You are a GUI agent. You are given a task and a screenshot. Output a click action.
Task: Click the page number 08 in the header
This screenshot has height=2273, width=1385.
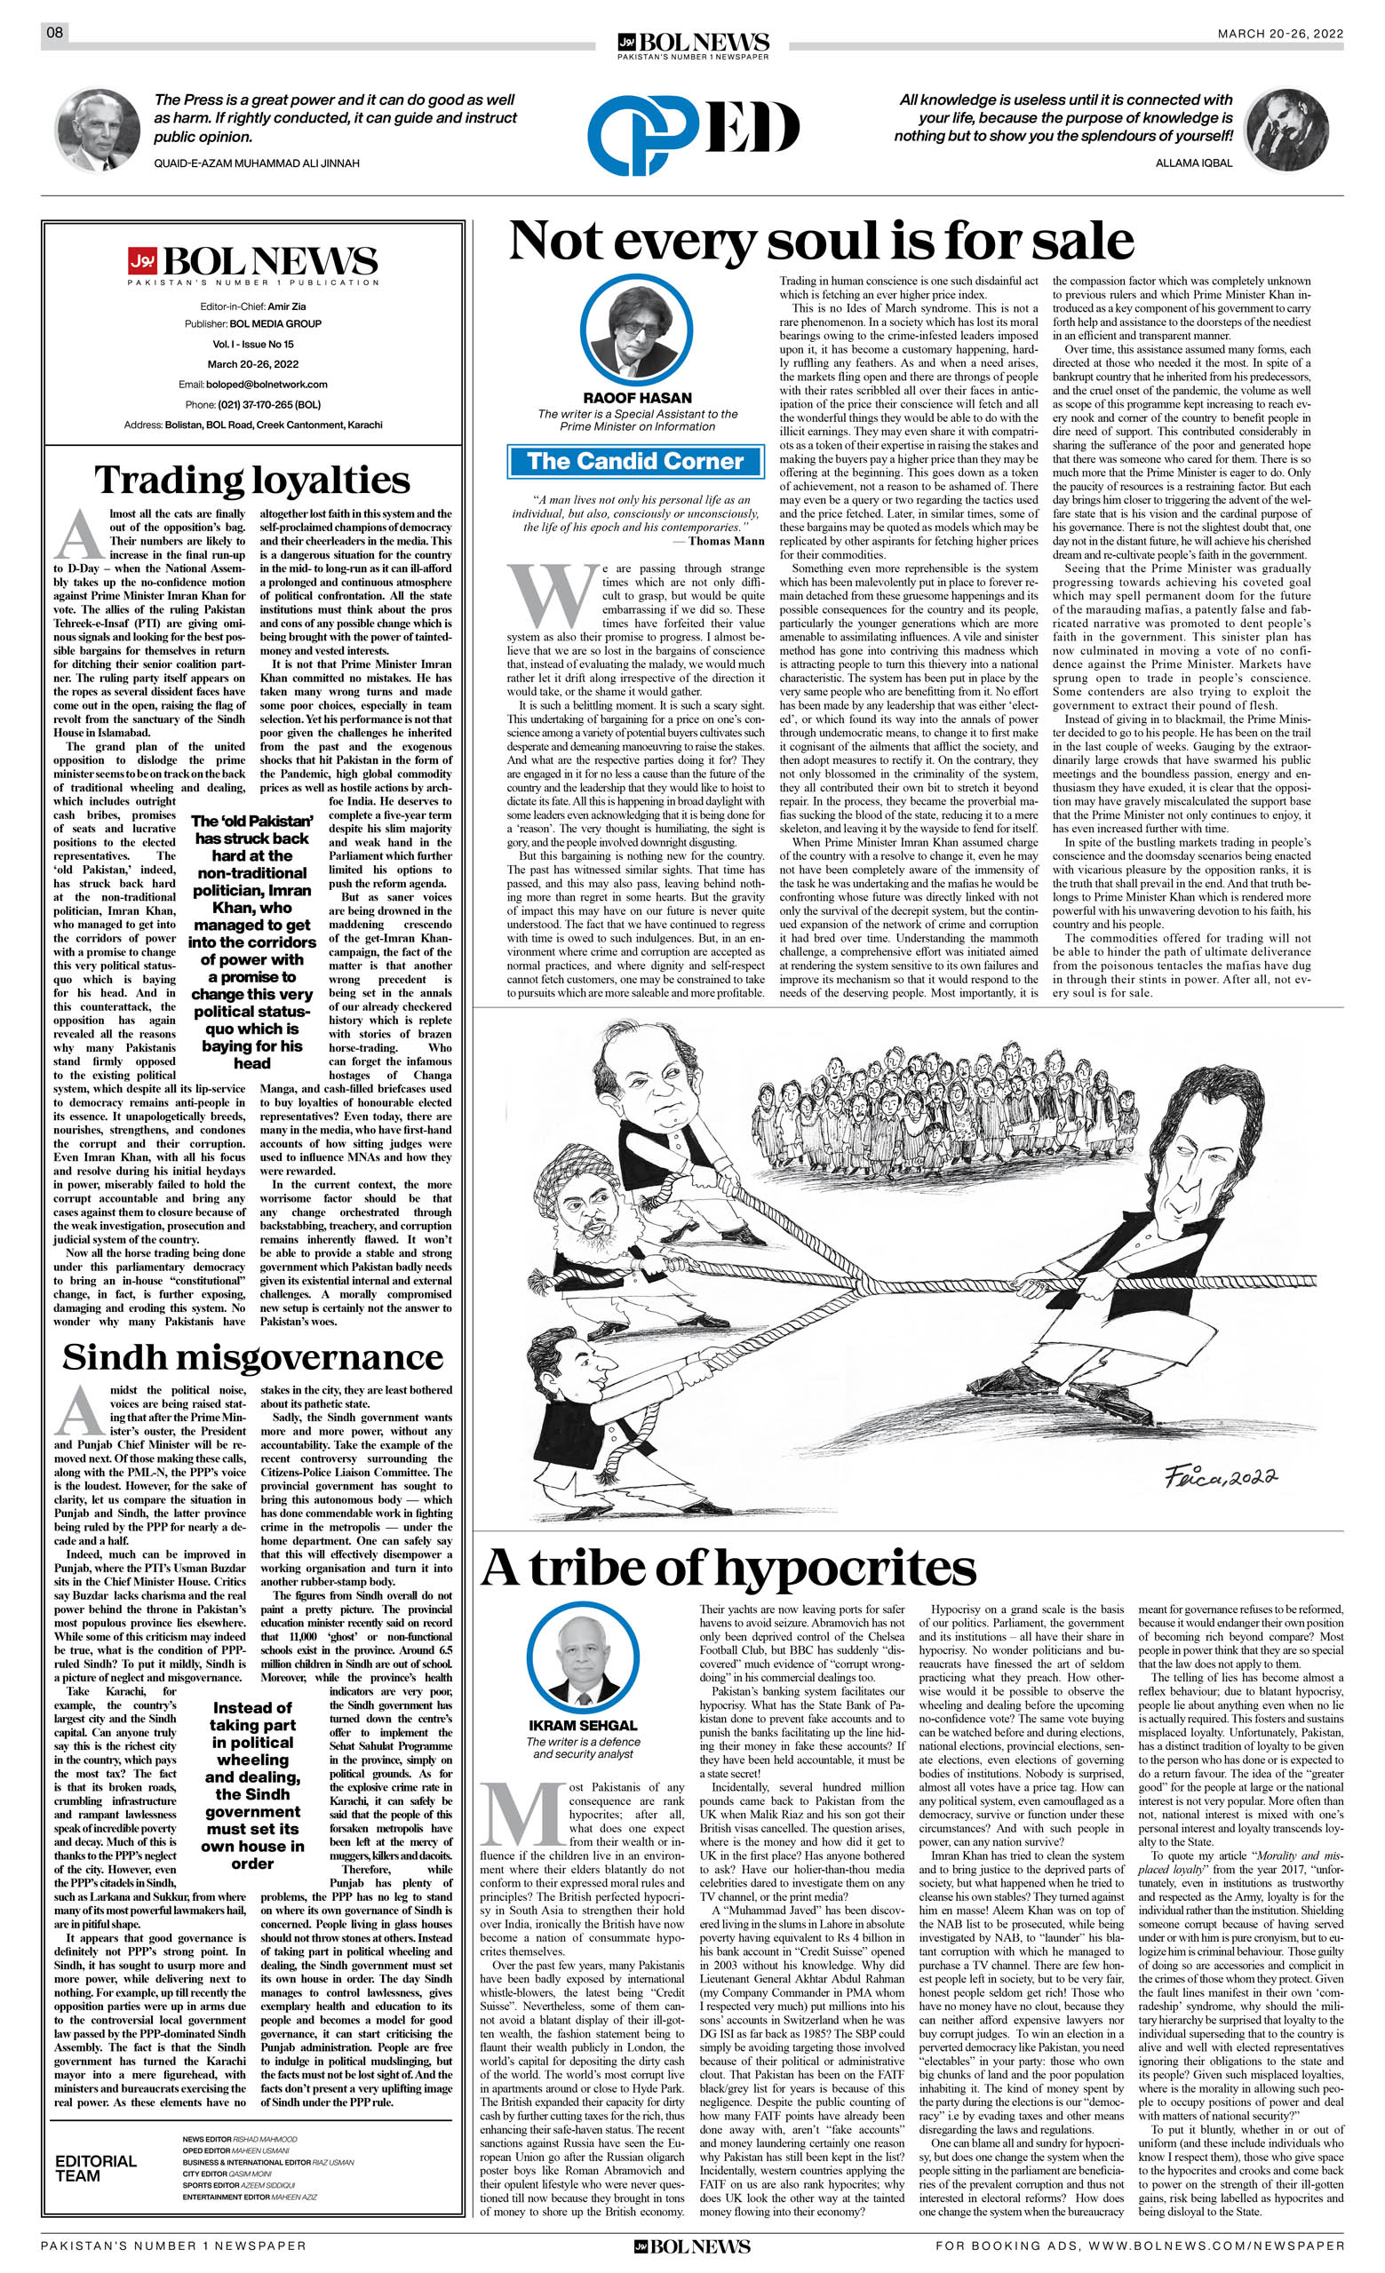[54, 33]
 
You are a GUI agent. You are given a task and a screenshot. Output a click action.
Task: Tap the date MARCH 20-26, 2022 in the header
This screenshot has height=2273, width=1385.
[1280, 34]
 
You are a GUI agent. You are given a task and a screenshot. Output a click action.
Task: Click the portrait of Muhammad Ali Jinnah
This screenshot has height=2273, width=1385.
[98, 130]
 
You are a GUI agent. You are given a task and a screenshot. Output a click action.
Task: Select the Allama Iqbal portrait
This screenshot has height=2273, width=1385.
[1286, 130]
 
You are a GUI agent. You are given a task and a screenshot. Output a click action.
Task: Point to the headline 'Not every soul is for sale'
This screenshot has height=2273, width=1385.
[820, 242]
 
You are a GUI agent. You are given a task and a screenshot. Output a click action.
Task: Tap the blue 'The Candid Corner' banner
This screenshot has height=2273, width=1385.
[636, 461]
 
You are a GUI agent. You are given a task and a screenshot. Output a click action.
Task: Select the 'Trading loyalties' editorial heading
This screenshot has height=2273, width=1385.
[252, 480]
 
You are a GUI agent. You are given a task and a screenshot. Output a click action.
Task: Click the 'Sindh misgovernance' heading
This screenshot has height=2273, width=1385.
[252, 1357]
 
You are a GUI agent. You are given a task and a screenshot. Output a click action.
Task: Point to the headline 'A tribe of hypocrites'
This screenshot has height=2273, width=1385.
[728, 1566]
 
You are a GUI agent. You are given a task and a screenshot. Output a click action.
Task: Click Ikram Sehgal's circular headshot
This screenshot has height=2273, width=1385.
[583, 1661]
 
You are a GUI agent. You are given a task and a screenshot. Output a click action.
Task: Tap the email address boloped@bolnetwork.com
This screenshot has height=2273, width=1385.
[267, 384]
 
